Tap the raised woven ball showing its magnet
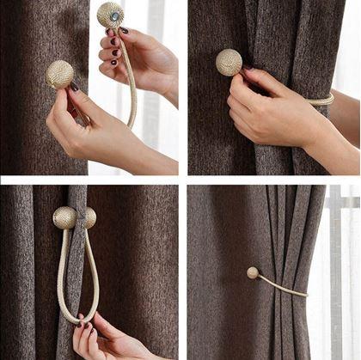109,15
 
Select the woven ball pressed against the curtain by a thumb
59,74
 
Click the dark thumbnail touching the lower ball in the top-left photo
75,87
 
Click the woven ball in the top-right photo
229,62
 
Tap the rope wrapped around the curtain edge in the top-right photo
321,101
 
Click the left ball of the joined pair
64,217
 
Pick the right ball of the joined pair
88,217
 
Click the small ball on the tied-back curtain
253,272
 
